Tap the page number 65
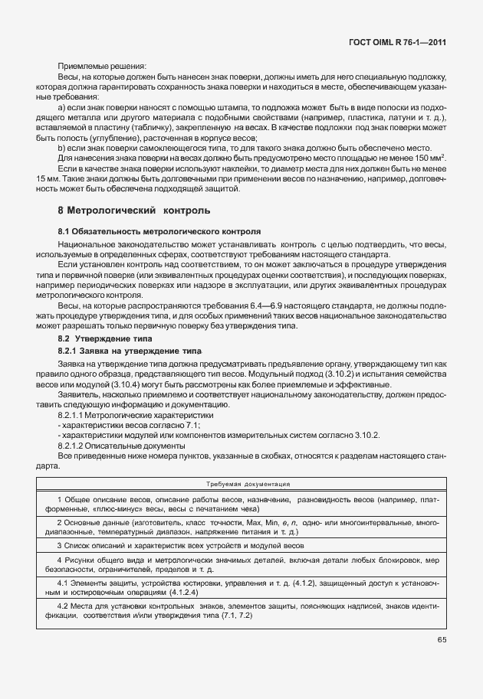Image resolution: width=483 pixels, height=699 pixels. click(x=442, y=639)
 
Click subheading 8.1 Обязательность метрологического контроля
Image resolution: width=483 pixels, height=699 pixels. click(x=159, y=230)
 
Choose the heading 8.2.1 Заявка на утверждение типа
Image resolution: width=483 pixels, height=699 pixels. click(x=129, y=350)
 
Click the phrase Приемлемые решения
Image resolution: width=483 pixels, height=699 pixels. click(x=101, y=67)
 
